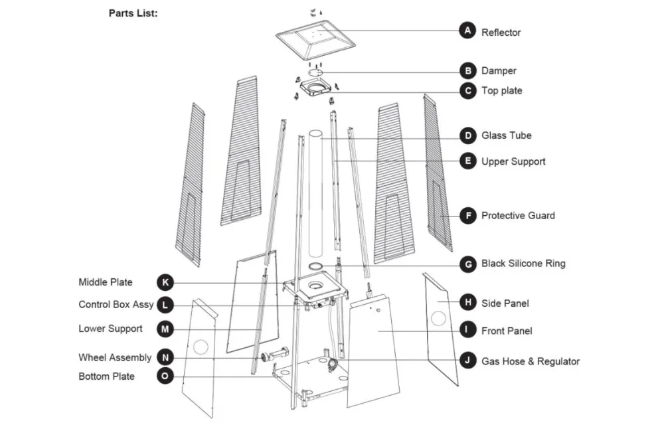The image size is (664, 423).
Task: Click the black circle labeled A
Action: tap(468, 31)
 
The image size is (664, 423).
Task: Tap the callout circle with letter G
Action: tap(468, 264)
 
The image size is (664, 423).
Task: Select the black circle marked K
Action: tap(165, 282)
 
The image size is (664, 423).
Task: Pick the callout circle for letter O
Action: tap(165, 377)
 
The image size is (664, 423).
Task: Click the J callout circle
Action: tap(468, 361)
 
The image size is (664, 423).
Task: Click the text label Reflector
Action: tap(501, 32)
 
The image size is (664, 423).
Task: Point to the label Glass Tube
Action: tap(506, 135)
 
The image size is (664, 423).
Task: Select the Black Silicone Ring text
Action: tap(523, 264)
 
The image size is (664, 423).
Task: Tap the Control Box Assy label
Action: tap(116, 305)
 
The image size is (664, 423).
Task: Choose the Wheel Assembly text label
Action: tap(115, 358)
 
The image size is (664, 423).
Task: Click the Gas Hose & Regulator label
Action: tap(530, 361)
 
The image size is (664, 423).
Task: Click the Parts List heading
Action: tap(133, 13)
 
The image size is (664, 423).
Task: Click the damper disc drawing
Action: tap(315, 72)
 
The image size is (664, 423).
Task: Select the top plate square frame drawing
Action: tap(315, 88)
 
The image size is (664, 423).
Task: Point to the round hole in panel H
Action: tap(438, 317)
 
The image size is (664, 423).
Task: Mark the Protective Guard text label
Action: tap(518, 215)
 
